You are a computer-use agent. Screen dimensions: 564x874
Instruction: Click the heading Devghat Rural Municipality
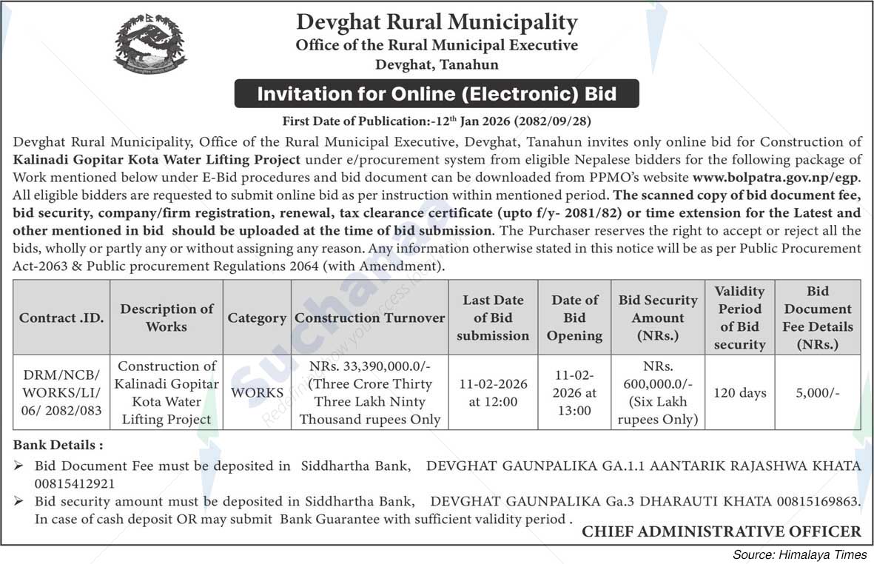pyautogui.click(x=437, y=22)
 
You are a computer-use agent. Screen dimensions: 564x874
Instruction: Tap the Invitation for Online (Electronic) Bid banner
pyautogui.click(x=437, y=94)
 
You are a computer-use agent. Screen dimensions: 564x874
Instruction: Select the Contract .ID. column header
pyautogui.click(x=61, y=318)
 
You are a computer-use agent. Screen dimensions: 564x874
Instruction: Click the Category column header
pyautogui.click(x=257, y=318)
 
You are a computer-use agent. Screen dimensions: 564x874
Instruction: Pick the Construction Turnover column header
pyautogui.click(x=370, y=318)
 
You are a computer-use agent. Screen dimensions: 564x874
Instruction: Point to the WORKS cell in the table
pyautogui.click(x=257, y=392)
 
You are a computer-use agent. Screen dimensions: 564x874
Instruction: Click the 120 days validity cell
pyautogui.click(x=739, y=392)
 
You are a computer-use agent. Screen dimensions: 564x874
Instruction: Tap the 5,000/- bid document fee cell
pyautogui.click(x=818, y=392)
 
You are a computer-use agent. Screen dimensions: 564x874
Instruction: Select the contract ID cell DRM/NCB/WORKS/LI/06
pyautogui.click(x=61, y=392)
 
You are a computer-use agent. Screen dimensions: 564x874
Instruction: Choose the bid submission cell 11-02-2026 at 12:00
pyautogui.click(x=493, y=392)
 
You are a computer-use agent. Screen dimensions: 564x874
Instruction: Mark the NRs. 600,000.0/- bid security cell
pyautogui.click(x=658, y=392)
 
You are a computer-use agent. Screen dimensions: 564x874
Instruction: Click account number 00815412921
pyautogui.click(x=75, y=484)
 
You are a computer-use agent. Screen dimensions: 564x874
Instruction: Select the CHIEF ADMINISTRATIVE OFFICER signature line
pyautogui.click(x=722, y=531)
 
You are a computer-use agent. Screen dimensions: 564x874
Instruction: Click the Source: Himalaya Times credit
pyautogui.click(x=800, y=554)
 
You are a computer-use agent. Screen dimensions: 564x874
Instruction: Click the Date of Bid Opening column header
pyautogui.click(x=575, y=318)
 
